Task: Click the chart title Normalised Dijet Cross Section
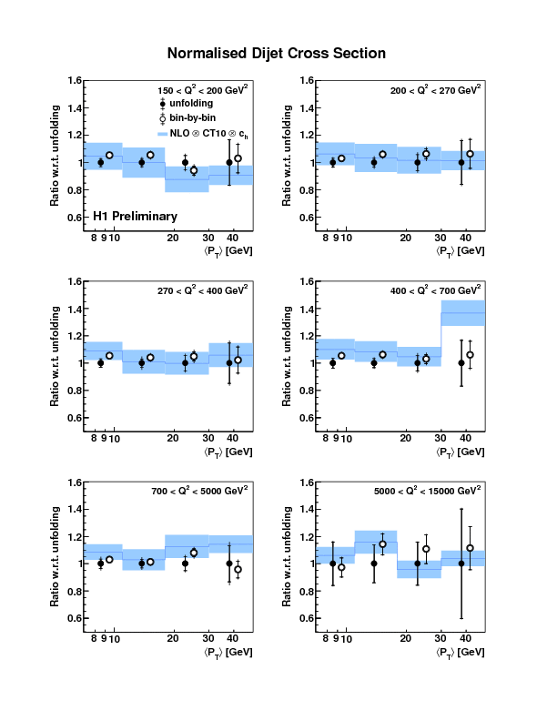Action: (x=277, y=54)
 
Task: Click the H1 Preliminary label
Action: (x=135, y=217)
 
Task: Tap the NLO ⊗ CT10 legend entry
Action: (x=202, y=133)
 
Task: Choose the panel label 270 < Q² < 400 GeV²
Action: (x=204, y=291)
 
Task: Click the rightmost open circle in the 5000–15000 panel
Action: (x=470, y=548)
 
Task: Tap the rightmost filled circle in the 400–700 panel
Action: (x=461, y=363)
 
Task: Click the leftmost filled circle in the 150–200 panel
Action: (x=101, y=163)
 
